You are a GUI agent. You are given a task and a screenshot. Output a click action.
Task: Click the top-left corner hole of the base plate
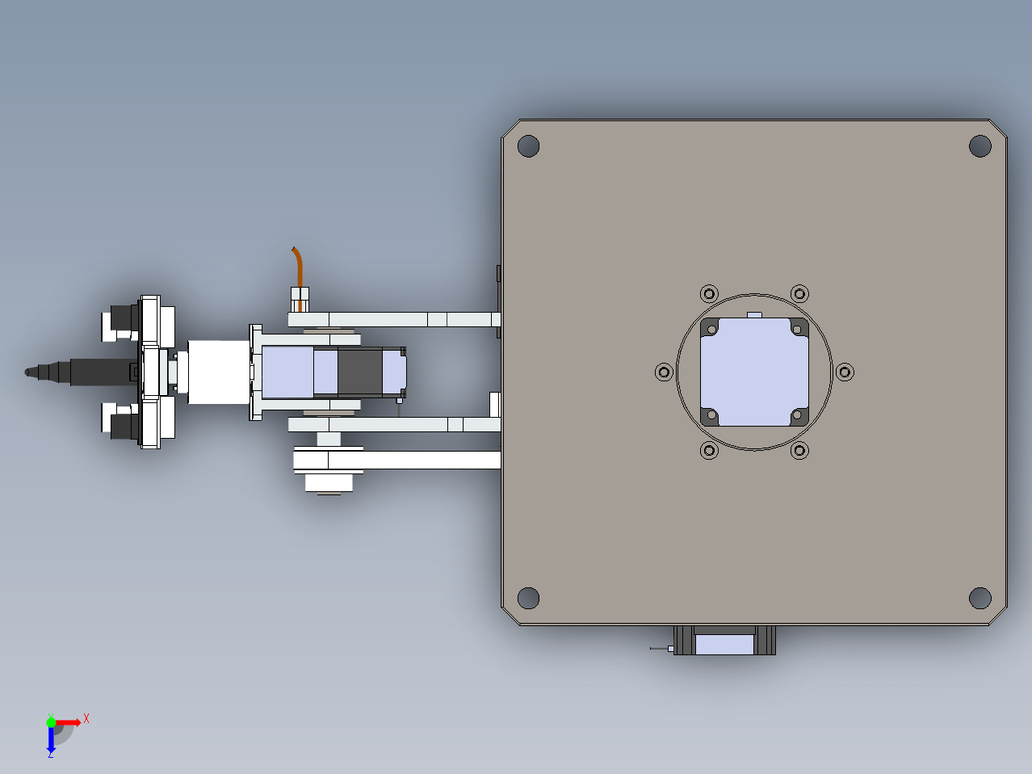[528, 145]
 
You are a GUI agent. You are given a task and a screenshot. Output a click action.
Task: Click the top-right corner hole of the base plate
[980, 145]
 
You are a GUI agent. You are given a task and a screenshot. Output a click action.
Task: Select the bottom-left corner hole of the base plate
[528, 598]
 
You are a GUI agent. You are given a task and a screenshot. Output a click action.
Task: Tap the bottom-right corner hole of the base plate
[980, 598]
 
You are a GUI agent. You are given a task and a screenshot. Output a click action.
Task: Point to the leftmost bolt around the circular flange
[664, 372]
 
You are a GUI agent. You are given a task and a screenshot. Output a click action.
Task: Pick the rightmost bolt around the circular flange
[845, 372]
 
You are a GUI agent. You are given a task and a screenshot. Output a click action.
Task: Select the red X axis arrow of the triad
[68, 722]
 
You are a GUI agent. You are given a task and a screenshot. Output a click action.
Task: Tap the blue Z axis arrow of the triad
[51, 739]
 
